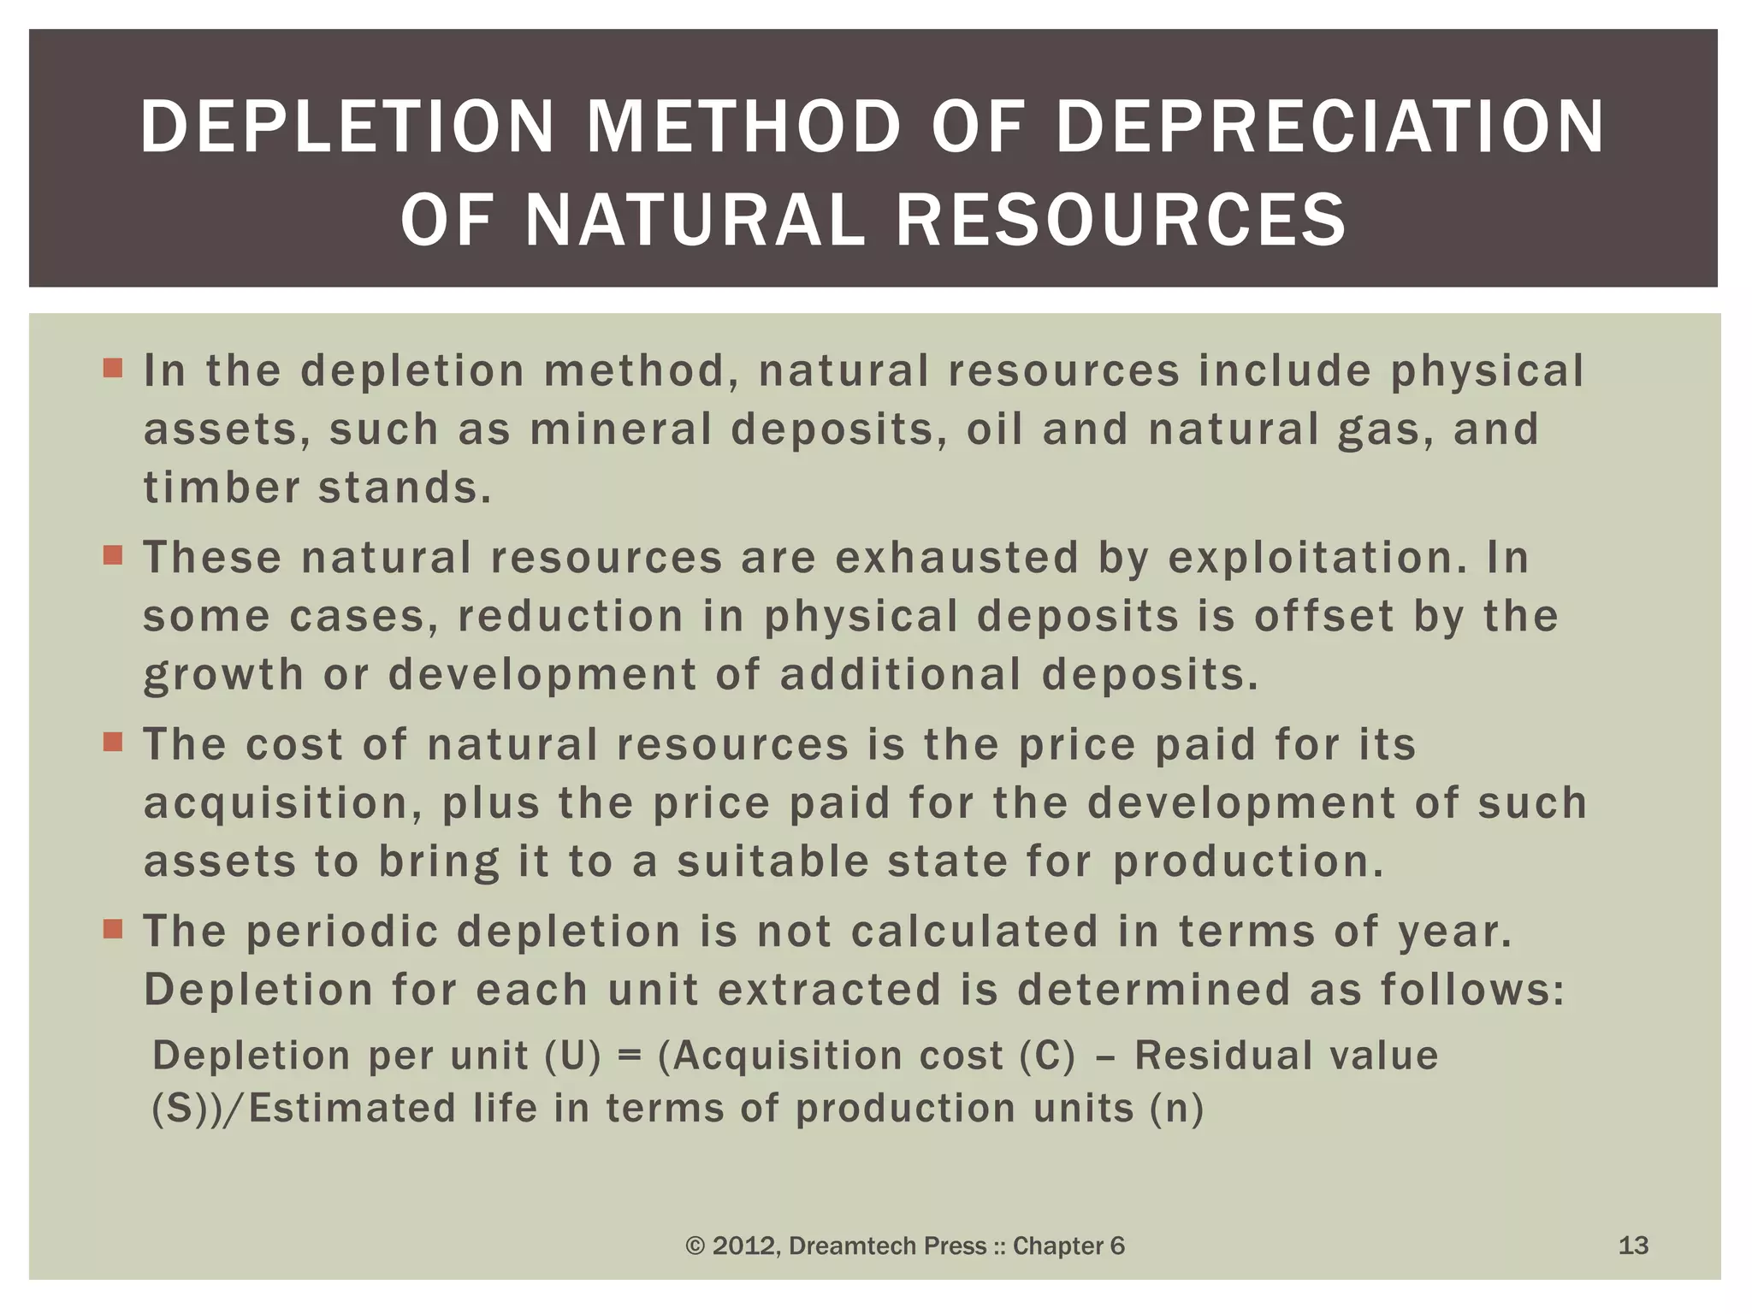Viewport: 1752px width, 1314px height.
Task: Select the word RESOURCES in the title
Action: tap(1121, 220)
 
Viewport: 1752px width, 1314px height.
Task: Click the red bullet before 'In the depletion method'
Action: tap(112, 369)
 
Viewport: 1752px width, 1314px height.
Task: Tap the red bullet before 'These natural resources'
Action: tap(112, 556)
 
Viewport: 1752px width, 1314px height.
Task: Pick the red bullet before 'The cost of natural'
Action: tap(112, 742)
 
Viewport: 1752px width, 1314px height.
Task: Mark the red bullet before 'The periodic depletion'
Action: tap(112, 928)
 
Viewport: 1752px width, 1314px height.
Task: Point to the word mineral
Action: tap(621, 429)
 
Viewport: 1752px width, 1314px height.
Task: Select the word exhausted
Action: tap(956, 558)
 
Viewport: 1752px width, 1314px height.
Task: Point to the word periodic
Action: tap(342, 932)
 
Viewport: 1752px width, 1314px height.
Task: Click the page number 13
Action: tap(1633, 1246)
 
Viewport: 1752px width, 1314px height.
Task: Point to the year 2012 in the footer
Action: tap(744, 1246)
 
